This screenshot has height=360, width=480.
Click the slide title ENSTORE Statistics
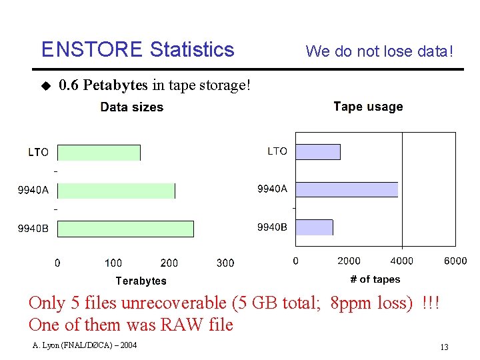tap(137, 50)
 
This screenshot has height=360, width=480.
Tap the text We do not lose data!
tap(379, 51)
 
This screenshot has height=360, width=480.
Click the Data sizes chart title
tap(131, 107)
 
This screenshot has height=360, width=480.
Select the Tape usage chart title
tap(368, 107)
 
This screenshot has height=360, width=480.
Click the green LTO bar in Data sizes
tap(99, 153)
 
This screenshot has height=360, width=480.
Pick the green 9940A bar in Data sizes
tap(117, 191)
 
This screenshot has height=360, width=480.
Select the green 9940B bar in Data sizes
tap(126, 229)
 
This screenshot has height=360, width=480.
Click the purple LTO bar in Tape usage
tap(318, 152)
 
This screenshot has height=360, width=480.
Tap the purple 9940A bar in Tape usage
tap(347, 189)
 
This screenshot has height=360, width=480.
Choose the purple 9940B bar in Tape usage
tap(314, 227)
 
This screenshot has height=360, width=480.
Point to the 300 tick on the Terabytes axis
tap(225, 263)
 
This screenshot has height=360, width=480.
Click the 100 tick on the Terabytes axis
tap(113, 263)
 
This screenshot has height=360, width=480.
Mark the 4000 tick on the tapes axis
tap(401, 261)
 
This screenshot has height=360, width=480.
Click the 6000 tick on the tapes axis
tap(455, 261)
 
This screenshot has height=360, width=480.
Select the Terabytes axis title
tap(141, 281)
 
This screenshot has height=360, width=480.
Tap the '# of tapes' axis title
tap(375, 279)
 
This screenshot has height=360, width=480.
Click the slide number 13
tap(444, 347)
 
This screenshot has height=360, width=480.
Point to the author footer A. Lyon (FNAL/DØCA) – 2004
tap(84, 345)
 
